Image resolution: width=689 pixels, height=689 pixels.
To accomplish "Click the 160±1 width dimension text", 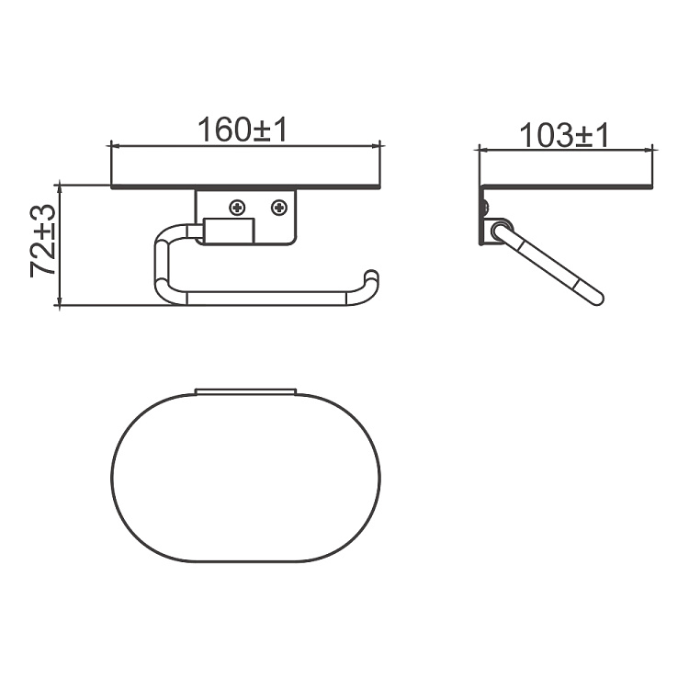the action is (243, 130).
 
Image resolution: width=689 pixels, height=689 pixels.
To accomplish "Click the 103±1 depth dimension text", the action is (564, 135).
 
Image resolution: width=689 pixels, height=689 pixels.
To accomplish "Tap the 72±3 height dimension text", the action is (43, 240).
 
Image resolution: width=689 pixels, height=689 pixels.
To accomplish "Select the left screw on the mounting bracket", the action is (238, 208).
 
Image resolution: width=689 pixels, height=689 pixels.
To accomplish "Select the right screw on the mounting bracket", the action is (279, 208).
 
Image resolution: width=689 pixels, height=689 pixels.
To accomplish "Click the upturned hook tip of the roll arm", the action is (372, 276).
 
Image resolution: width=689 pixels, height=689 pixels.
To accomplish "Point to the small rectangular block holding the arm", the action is (229, 231).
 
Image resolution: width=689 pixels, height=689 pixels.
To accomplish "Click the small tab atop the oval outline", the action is (245, 391).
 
